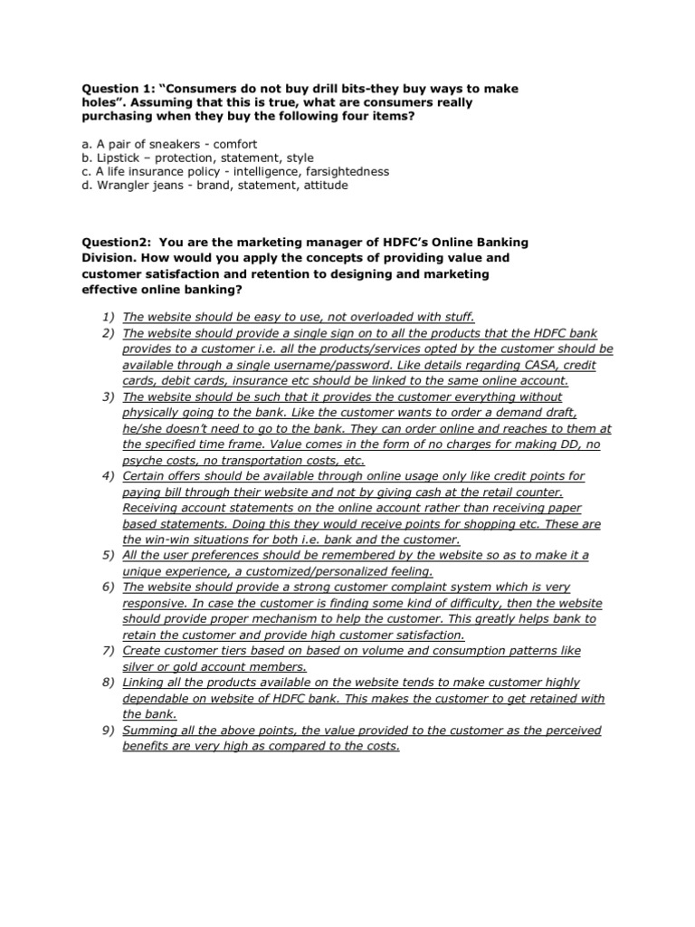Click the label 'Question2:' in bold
tap(117, 244)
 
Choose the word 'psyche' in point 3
tap(140, 460)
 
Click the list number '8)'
tap(108, 682)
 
